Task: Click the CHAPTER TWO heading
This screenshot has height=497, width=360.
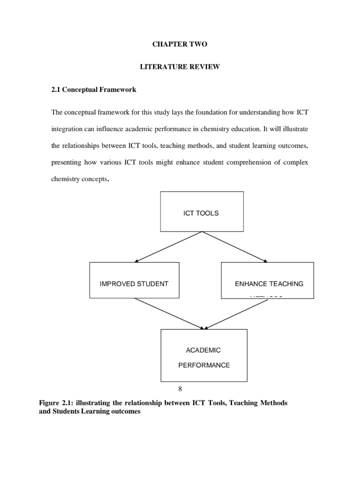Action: (179, 44)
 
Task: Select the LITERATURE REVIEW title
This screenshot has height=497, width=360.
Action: (179, 66)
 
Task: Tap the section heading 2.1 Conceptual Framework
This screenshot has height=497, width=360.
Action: (93, 90)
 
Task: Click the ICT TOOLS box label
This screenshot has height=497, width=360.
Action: (201, 213)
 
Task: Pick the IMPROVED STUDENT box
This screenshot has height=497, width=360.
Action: (134, 283)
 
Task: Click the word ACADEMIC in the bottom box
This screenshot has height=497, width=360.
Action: (203, 350)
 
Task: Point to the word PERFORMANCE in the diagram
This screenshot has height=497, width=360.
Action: (204, 365)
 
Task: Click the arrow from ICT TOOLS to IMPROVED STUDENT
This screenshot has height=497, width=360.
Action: (168, 246)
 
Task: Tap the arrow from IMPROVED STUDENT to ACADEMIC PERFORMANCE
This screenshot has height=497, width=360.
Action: (169, 313)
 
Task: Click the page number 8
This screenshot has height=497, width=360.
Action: (180, 388)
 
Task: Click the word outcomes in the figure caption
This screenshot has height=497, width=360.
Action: (126, 411)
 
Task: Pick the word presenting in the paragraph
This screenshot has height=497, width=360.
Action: (66, 162)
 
